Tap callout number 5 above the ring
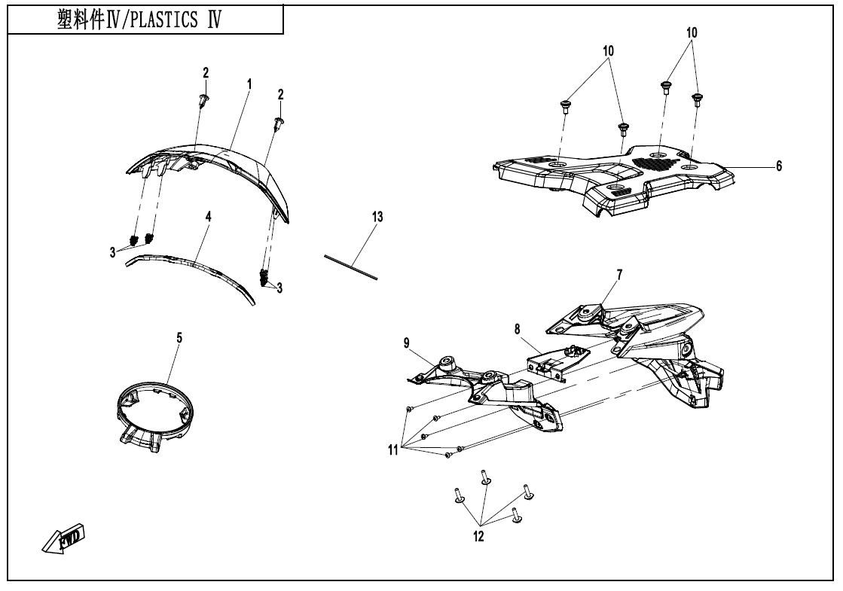click(x=179, y=339)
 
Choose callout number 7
click(x=619, y=275)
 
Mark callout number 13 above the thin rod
click(x=377, y=217)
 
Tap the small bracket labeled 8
click(x=557, y=360)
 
